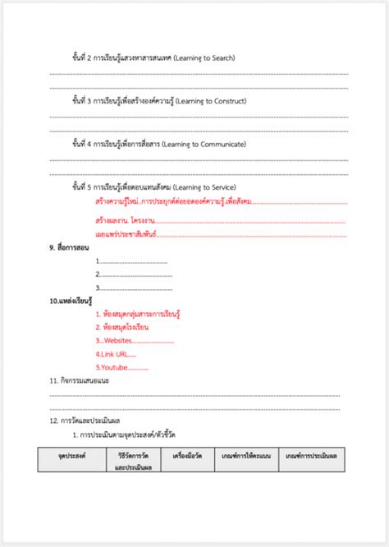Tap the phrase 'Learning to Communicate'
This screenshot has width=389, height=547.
tap(215, 144)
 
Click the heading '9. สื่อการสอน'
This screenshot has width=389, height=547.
tap(70, 248)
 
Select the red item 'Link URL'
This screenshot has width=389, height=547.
tap(112, 354)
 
